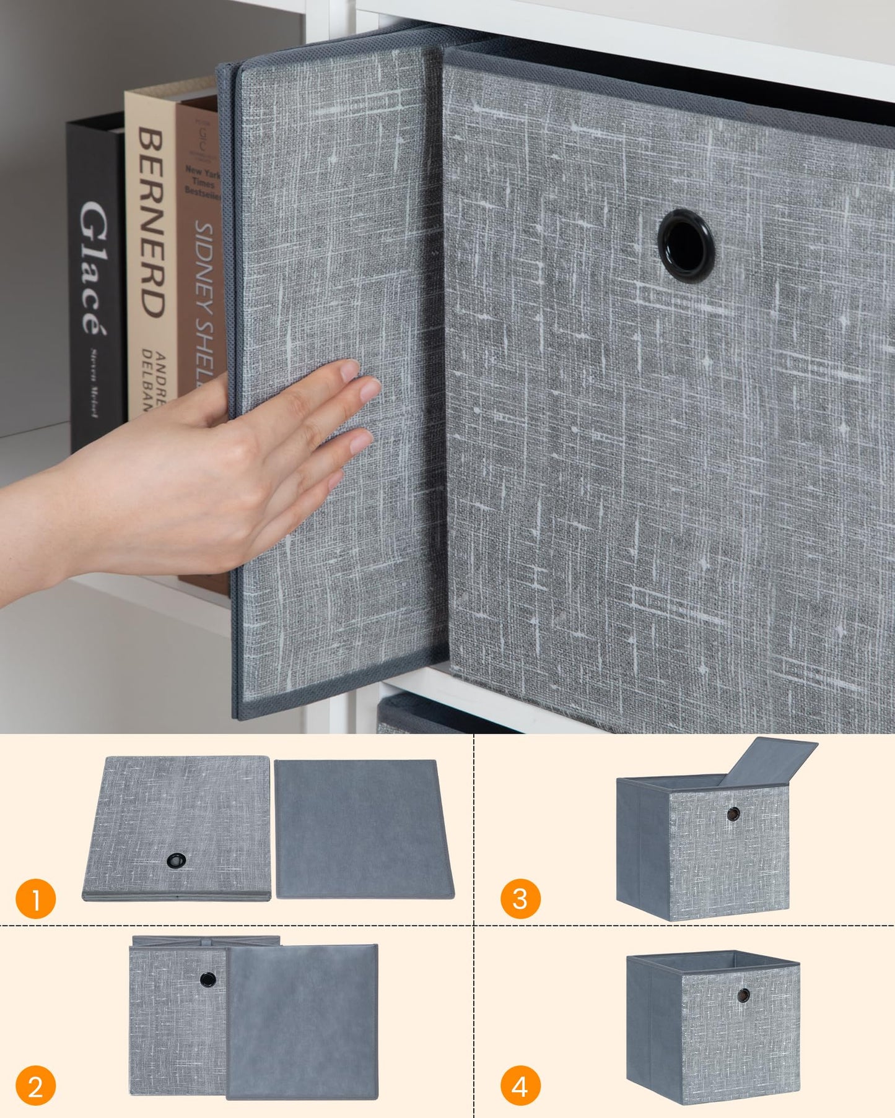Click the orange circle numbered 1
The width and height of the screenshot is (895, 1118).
tap(35, 899)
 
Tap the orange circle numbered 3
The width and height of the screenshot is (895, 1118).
tap(520, 899)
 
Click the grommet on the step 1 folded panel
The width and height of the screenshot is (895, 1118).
tap(177, 860)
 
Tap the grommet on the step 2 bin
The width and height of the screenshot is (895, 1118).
tap(208, 979)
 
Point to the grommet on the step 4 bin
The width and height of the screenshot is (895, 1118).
tap(743, 995)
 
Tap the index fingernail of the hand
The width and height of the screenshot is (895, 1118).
tap(350, 370)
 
